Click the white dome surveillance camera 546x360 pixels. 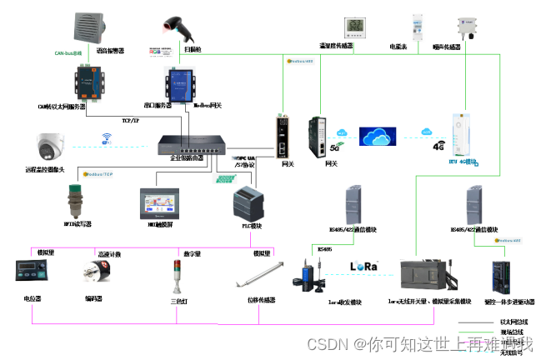tap(53, 147)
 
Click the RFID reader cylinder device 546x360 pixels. tap(81, 201)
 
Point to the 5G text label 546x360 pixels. tap(334, 148)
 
